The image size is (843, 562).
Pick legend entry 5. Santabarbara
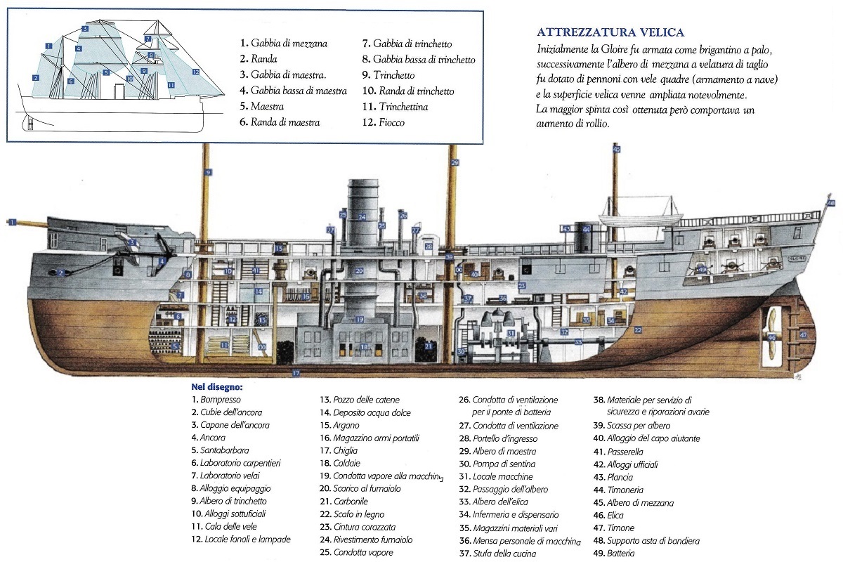tap(221, 450)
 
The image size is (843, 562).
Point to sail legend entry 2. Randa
tap(259, 59)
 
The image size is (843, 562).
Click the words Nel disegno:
tap(217, 386)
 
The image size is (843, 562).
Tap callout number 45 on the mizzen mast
tap(617, 149)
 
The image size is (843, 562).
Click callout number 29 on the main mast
tap(455, 163)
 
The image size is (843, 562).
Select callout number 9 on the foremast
tap(208, 172)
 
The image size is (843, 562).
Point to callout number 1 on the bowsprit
tap(12, 222)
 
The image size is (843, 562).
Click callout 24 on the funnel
tap(362, 217)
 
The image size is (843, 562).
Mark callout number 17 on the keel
tap(296, 373)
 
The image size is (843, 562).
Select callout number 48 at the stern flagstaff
tap(831, 203)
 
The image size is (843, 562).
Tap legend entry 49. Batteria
tap(617, 553)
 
